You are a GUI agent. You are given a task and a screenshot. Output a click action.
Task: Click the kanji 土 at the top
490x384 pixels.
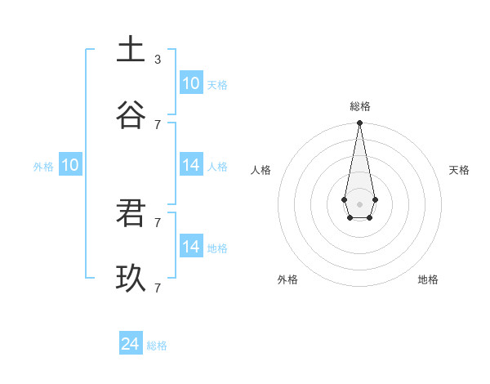coord(131,48)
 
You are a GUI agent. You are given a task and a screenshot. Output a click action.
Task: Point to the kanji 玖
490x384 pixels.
coord(131,278)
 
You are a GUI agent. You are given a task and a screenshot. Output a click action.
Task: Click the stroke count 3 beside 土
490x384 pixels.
coord(158,59)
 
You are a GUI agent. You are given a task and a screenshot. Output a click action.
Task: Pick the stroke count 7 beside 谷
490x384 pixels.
coord(158,124)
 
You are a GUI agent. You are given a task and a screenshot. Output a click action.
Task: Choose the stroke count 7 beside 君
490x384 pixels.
coord(158,222)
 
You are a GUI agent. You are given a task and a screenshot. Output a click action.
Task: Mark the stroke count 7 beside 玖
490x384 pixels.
coord(158,288)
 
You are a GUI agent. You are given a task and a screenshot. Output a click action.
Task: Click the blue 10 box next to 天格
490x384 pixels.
coord(190,83)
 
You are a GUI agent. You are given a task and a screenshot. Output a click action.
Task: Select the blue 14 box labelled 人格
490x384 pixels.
coord(190,165)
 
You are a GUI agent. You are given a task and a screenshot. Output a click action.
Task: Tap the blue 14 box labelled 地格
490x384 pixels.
coord(190,247)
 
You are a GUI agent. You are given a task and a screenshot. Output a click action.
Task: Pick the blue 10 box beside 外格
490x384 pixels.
coord(69,165)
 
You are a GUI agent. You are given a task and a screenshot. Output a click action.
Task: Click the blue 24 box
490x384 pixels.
coord(131,344)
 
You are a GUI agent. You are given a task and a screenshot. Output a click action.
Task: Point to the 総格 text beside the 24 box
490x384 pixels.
coord(157,346)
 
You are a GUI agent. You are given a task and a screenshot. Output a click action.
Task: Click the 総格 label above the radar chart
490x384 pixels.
coord(359,106)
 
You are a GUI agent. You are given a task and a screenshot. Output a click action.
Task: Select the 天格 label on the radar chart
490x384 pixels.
coord(459,170)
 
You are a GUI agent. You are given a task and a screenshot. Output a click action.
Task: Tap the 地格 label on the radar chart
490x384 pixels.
coord(428,279)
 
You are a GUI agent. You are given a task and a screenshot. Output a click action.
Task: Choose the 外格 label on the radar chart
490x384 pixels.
coord(287,279)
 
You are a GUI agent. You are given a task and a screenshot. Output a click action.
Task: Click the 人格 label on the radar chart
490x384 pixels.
coord(261,170)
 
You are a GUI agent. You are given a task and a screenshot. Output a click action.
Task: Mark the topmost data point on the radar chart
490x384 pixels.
coord(359,123)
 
